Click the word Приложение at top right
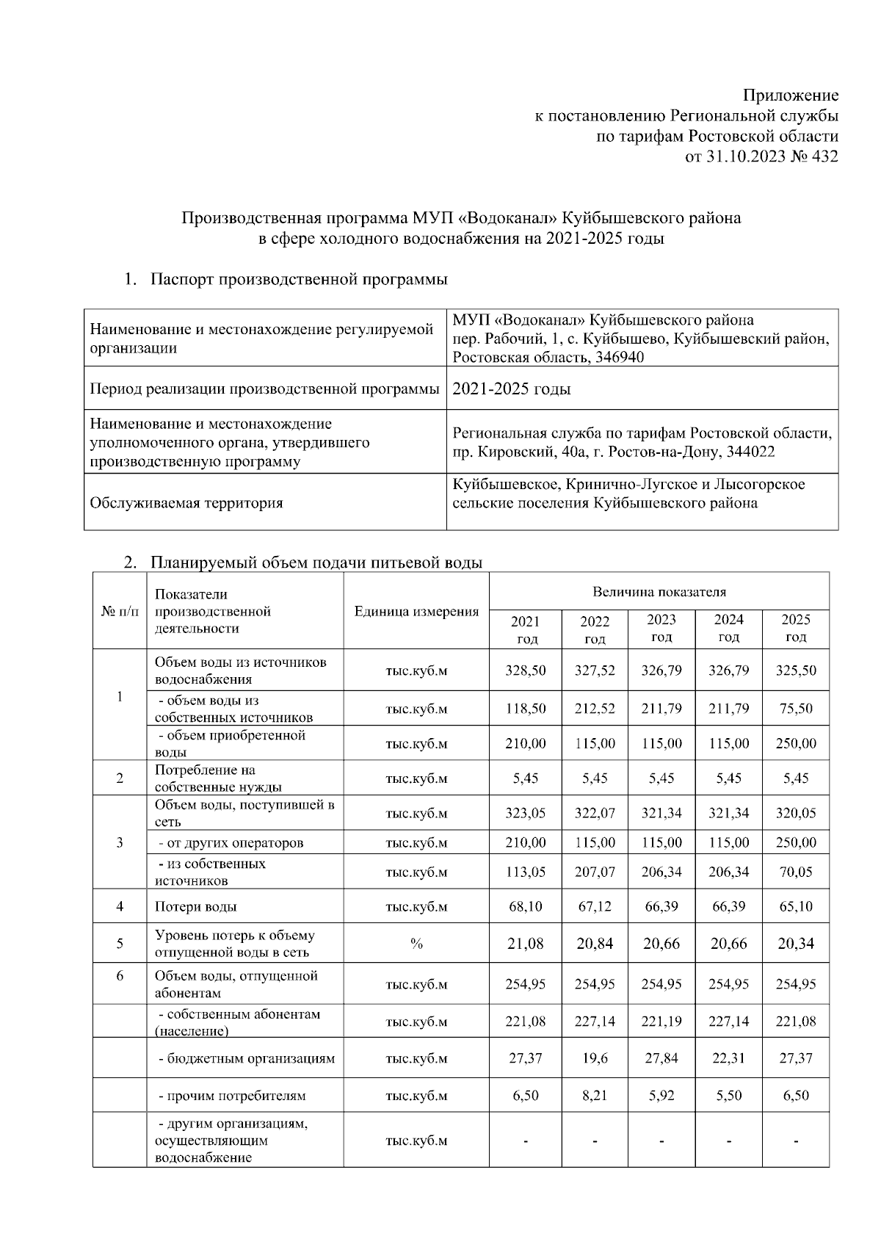coord(791,95)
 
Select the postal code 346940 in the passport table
coord(621,358)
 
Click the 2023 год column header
coord(661,628)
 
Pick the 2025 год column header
coord(796,628)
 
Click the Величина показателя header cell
coord(659,592)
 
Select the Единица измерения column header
coord(416,611)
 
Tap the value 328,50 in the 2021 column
coord(526,671)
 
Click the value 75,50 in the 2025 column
coord(796,709)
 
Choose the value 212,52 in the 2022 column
coord(595,709)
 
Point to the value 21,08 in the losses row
coord(526,944)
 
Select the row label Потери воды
coord(195,907)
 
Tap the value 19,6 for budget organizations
coord(595,1058)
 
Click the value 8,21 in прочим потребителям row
coord(595,1096)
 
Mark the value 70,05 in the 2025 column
coord(796,872)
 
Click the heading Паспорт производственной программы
coord(299,280)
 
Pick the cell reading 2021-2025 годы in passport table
coord(512,389)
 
